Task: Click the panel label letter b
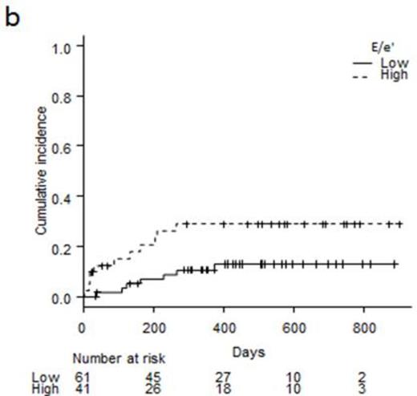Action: [11, 17]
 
